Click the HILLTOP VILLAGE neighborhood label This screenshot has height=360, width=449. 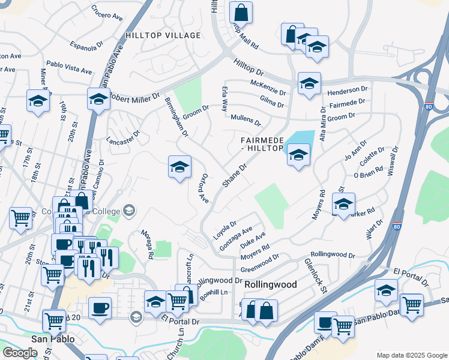[163, 35]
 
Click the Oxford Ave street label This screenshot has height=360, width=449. [203, 188]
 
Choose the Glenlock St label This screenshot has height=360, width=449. [315, 275]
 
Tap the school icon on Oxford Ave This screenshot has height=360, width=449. [179, 167]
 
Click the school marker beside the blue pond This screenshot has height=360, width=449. [298, 155]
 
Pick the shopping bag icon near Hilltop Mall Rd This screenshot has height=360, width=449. [241, 13]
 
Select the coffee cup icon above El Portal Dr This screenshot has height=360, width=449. [100, 308]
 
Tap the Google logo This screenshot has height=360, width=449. [20, 353]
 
